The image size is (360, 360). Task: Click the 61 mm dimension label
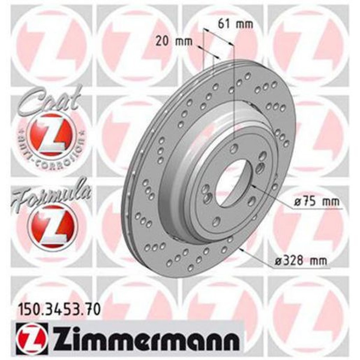point(235,24)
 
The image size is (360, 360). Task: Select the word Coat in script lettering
point(49,101)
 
